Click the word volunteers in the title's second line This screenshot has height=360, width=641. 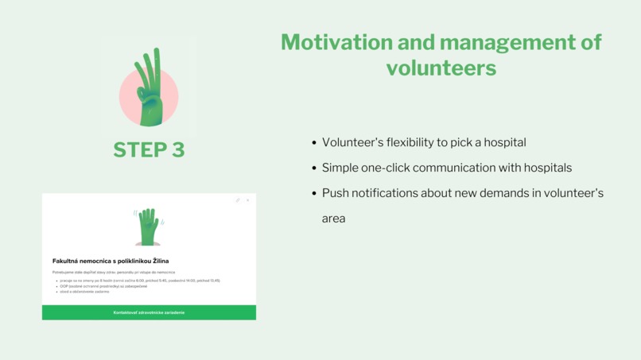[441, 68]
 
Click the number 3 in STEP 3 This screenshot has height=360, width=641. [176, 149]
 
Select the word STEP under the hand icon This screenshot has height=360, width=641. [138, 149]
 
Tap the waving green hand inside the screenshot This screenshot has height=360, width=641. [149, 226]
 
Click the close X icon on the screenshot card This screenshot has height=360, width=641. [247, 200]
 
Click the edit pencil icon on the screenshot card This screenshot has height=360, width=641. [238, 200]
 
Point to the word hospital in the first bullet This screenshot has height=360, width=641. [503, 142]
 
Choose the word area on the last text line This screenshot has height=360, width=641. [333, 219]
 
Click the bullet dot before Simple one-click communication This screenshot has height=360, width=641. [314, 168]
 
